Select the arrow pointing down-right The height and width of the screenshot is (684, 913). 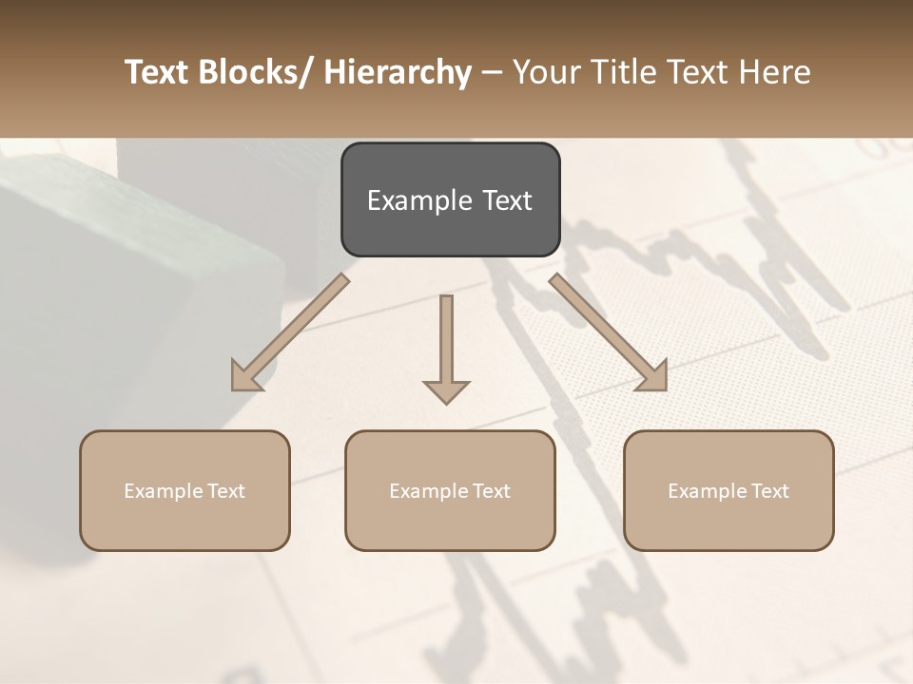(x=609, y=332)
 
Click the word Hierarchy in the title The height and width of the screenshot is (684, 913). (x=398, y=73)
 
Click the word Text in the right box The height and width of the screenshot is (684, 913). (x=769, y=491)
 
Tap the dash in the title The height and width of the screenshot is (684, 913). (x=492, y=73)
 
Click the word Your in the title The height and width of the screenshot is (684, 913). (x=544, y=73)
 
